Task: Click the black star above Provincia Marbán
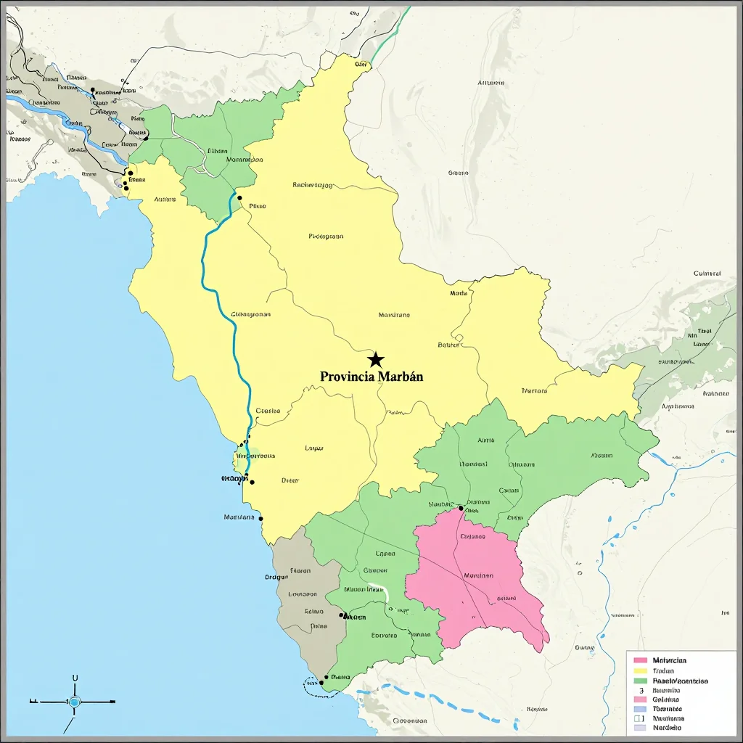375,359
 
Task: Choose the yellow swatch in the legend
640,671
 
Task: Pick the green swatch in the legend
640,681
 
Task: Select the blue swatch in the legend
640,709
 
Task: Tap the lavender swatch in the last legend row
640,727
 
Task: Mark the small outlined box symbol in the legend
640,718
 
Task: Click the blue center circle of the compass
74,702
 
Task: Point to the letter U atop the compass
75,678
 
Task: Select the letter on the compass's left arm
33,702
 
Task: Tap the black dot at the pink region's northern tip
461,508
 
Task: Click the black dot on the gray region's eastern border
342,615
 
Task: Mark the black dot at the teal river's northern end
239,197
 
